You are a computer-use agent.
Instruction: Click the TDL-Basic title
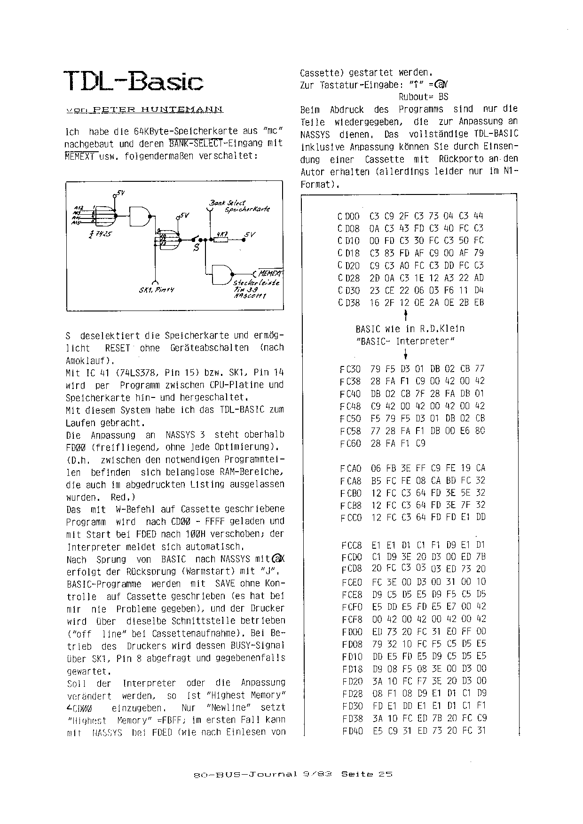(x=133, y=81)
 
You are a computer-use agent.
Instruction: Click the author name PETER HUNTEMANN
(x=158, y=109)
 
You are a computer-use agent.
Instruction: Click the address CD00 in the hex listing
(x=348, y=216)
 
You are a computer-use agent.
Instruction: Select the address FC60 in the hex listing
(x=350, y=443)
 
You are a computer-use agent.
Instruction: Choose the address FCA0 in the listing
(x=350, y=468)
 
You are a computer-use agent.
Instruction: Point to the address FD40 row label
(x=353, y=731)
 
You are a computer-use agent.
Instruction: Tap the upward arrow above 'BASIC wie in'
(x=405, y=314)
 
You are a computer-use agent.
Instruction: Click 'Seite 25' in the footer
(x=367, y=774)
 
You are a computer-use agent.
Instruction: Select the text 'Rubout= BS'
(x=423, y=97)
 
